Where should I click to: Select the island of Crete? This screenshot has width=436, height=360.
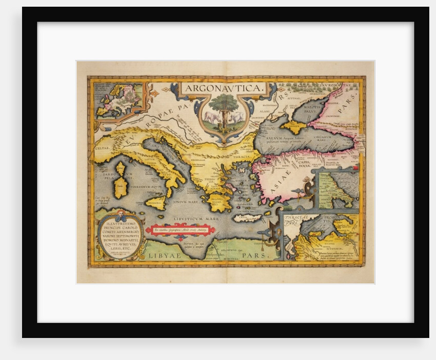click(x=247, y=218)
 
